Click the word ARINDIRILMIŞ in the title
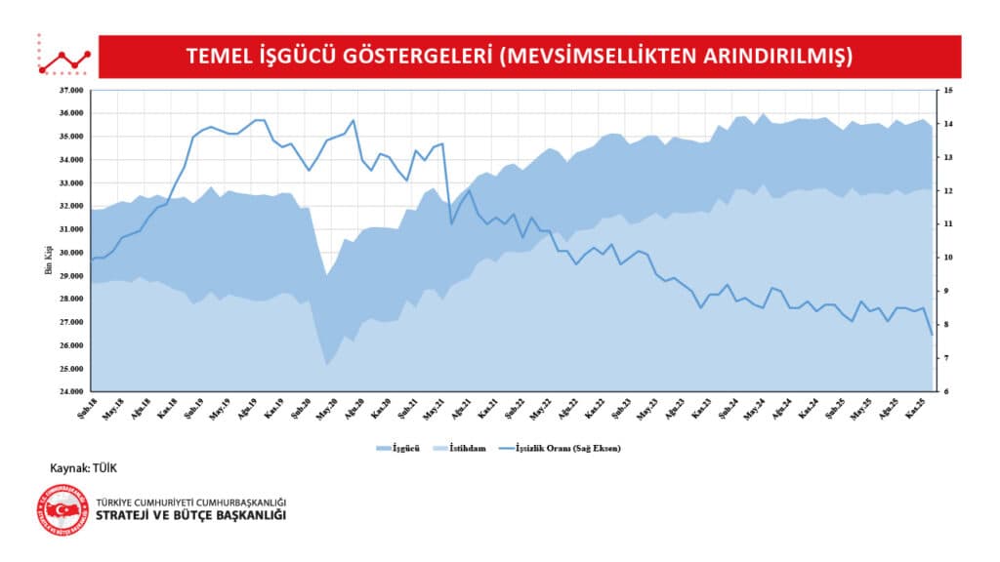coord(775,56)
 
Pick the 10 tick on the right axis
coord(941,258)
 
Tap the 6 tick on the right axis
coord(940,392)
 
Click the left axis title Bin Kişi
coord(48,258)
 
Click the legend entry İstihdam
coord(466,448)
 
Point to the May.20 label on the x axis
coord(326,410)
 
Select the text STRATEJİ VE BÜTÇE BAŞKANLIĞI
coord(191,516)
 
